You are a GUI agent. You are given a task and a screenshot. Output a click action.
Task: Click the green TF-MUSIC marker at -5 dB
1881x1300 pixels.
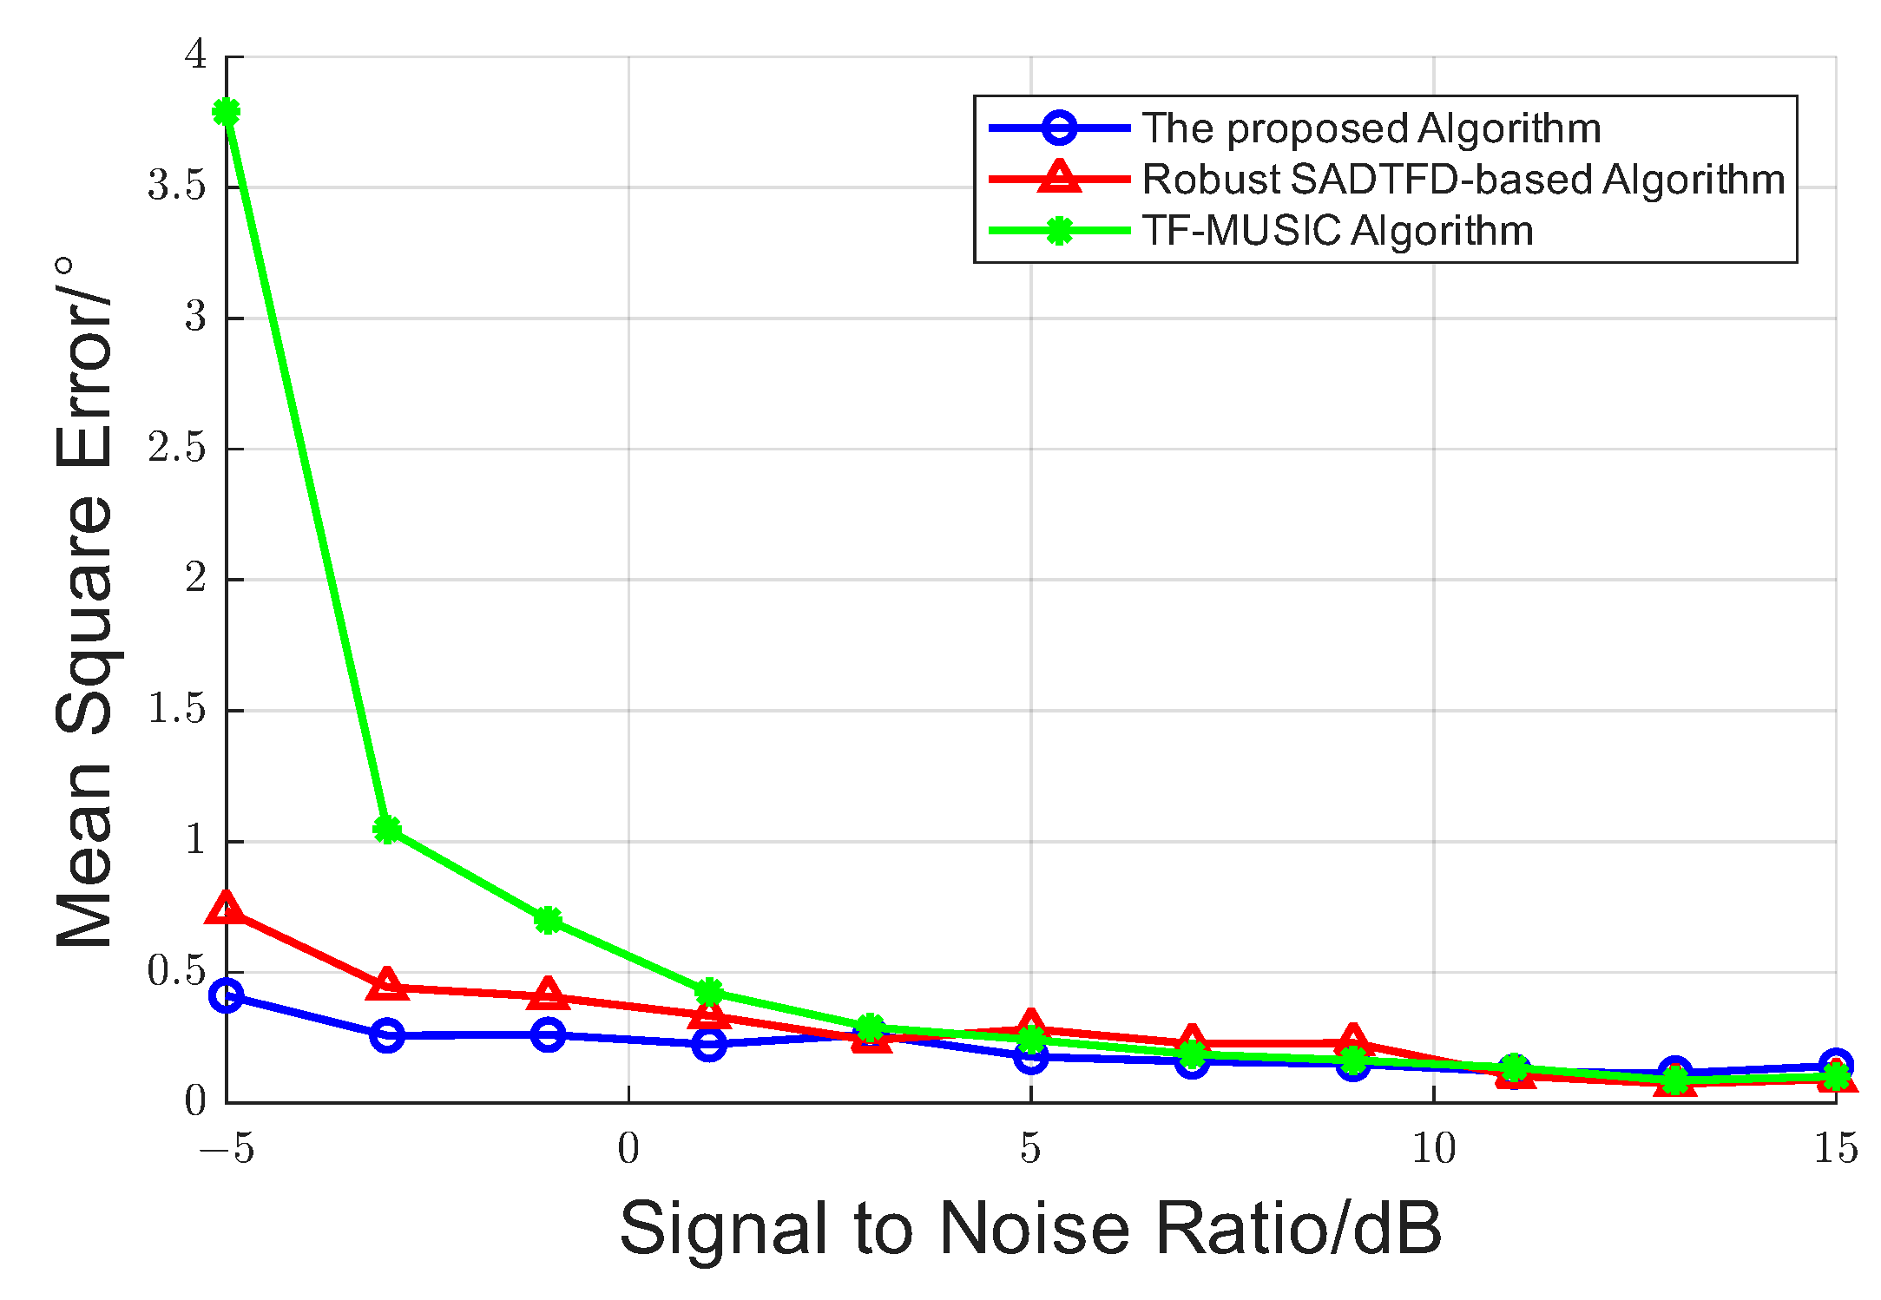point(227,112)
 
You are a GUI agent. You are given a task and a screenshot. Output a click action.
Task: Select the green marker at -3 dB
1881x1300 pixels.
point(387,829)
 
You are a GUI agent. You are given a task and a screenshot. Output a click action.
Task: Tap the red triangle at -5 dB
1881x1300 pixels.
point(226,909)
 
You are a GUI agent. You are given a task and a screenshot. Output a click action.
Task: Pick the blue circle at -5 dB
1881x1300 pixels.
point(227,995)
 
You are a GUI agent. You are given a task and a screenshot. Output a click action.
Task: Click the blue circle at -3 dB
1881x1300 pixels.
point(387,1035)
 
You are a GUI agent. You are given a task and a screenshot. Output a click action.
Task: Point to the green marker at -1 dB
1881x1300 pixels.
point(548,920)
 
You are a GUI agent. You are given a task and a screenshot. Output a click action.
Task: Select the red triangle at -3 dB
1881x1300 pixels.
point(387,985)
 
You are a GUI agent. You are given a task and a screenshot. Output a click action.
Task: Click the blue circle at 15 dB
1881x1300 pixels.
point(1835,1064)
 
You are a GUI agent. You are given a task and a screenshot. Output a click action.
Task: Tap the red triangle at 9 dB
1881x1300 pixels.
point(1352,1040)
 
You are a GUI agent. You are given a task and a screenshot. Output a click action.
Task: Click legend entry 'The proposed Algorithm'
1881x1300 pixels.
point(1371,128)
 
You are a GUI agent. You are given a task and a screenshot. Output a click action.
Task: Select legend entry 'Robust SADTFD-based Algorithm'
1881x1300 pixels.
point(1463,180)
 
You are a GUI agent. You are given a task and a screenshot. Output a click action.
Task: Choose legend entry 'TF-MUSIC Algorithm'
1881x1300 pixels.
point(1337,231)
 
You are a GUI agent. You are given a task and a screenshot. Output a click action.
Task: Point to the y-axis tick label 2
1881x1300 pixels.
point(195,578)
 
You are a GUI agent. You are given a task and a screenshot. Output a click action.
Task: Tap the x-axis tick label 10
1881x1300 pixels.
point(1433,1149)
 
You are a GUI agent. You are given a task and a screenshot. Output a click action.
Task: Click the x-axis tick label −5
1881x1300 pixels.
point(227,1149)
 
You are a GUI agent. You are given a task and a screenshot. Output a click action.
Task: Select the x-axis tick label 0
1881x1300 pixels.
point(628,1149)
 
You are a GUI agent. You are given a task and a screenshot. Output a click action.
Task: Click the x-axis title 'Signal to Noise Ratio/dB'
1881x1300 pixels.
point(1030,1229)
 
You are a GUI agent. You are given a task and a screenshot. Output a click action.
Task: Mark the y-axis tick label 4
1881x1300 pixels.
point(195,56)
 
